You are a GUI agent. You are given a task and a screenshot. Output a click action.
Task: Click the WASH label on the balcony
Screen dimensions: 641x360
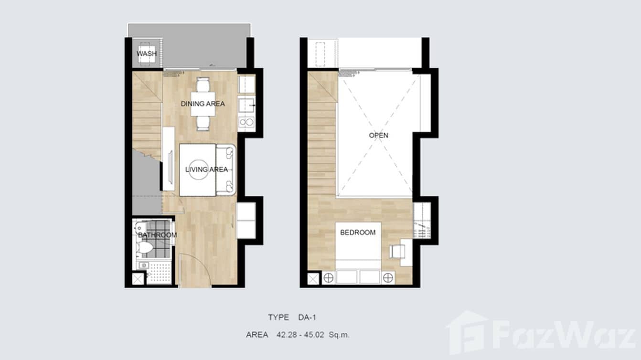(147, 53)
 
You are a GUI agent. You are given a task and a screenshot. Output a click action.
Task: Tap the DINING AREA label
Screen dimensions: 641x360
(203, 104)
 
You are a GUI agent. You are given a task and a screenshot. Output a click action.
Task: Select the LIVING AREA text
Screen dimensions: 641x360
(206, 169)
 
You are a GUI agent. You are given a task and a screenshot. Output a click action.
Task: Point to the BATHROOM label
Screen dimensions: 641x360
(158, 235)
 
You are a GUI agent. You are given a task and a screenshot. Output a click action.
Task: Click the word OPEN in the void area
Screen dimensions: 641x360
(379, 135)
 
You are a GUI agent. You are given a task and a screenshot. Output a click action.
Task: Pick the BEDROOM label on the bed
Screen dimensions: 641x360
(358, 233)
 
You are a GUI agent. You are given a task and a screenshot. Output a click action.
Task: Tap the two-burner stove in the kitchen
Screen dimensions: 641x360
(246, 122)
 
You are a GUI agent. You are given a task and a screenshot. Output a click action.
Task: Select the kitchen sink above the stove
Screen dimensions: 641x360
(246, 105)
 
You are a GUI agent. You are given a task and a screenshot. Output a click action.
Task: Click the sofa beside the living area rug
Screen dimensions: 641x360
(226, 170)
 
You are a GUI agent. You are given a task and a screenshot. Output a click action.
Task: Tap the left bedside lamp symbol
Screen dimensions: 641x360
(329, 278)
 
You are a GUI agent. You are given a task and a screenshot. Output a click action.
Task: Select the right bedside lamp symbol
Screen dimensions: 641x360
(388, 278)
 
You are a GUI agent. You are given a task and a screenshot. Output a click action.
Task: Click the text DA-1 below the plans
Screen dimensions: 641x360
(307, 318)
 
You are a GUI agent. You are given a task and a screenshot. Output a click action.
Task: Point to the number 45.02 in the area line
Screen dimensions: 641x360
(314, 335)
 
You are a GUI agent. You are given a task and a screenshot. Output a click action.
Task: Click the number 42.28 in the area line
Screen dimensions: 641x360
(287, 335)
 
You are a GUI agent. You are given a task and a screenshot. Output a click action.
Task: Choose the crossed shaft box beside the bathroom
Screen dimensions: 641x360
(138, 279)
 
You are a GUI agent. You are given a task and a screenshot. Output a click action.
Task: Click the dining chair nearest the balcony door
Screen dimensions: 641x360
(203, 85)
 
